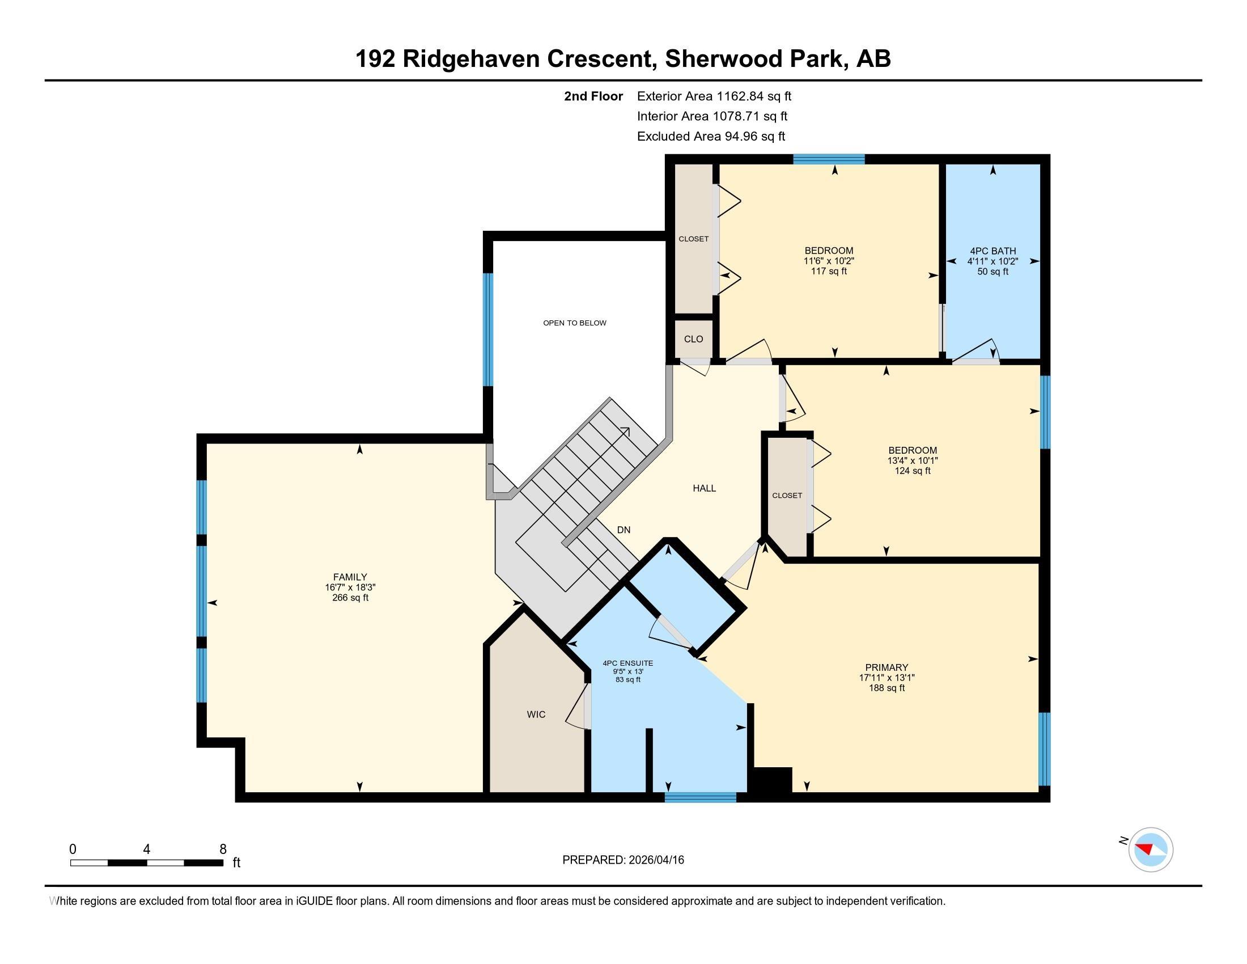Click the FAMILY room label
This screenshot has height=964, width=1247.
click(350, 577)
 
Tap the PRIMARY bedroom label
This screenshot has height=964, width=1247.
click(886, 667)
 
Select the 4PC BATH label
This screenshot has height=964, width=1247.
click(992, 251)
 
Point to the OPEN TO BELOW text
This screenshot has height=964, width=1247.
click(574, 323)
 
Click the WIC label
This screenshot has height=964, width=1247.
click(536, 714)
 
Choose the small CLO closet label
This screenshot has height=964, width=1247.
click(693, 339)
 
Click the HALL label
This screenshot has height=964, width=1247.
click(704, 488)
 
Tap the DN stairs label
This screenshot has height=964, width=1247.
click(623, 530)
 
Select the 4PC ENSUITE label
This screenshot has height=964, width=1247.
click(627, 663)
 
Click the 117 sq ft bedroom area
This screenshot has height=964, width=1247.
click(829, 271)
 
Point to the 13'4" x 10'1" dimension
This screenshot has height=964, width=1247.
click(913, 460)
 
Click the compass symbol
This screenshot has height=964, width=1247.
click(1151, 849)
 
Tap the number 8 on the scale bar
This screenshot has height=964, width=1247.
click(223, 849)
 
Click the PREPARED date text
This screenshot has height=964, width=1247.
click(623, 860)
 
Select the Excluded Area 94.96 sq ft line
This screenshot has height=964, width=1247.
click(711, 136)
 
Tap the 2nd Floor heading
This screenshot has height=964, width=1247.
click(593, 96)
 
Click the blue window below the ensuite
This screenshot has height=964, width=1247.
click(701, 797)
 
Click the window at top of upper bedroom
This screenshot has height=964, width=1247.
click(829, 159)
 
